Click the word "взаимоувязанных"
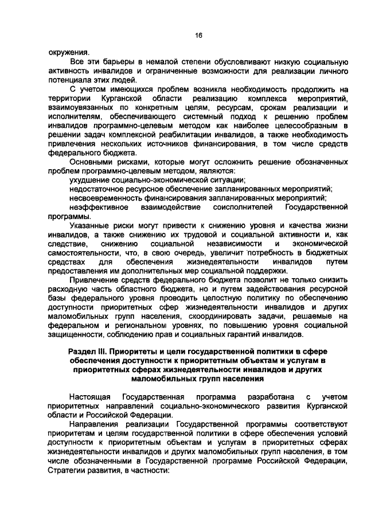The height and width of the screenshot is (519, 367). tap(79, 108)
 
